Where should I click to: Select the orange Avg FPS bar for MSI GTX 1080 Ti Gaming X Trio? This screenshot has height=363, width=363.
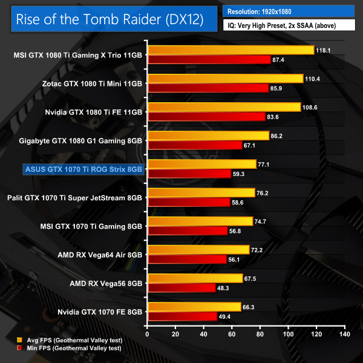click(230, 50)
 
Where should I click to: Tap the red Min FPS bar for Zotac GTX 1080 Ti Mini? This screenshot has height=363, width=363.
click(207, 88)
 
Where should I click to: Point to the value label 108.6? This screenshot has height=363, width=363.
click(310, 106)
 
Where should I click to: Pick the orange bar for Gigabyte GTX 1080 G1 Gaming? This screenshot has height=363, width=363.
click(208, 136)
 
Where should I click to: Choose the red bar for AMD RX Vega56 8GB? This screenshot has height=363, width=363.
click(181, 288)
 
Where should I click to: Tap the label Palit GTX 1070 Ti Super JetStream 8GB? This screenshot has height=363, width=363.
click(74, 197)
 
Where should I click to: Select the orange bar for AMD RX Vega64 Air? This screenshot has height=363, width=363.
click(198, 250)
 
